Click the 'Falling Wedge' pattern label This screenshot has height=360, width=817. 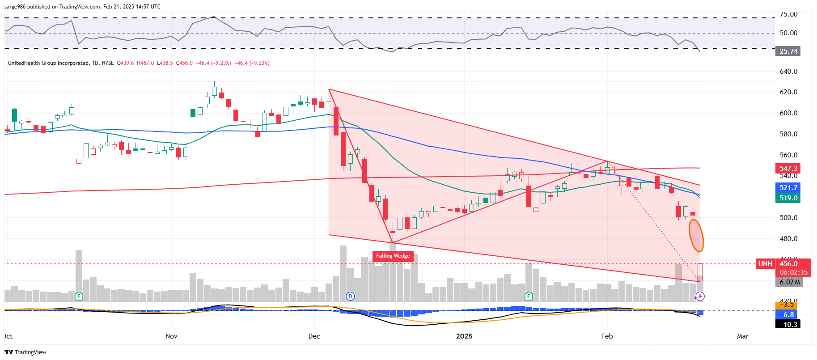[x=393, y=256]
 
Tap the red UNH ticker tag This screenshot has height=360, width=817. [x=765, y=264]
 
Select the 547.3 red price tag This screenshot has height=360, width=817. [x=787, y=169]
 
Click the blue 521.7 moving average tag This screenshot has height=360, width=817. [x=787, y=188]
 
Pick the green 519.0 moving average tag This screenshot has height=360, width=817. [x=787, y=198]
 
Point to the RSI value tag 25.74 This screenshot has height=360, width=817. [x=787, y=51]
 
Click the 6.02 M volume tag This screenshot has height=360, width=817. [x=789, y=282]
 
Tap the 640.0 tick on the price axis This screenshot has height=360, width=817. [x=788, y=72]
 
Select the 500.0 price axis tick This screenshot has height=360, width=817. [x=788, y=218]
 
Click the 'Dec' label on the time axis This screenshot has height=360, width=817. [x=314, y=336]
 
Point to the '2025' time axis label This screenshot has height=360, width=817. [x=464, y=336]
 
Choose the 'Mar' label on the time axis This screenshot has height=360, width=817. [x=742, y=336]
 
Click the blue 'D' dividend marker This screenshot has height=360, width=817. [x=350, y=296]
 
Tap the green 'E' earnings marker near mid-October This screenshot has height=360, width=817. [x=79, y=296]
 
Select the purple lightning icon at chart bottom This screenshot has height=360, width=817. [x=700, y=296]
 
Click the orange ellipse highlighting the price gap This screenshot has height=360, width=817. [x=696, y=236]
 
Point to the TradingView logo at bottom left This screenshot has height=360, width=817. [x=25, y=352]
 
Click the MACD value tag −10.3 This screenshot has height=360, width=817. [x=787, y=324]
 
